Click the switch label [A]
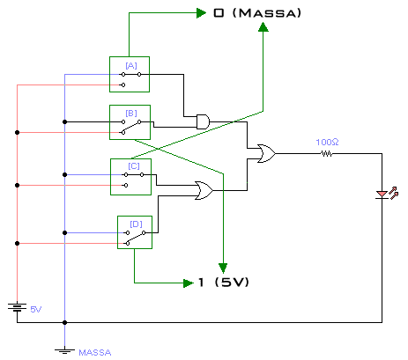tap(131, 66)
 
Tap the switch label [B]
tap(131, 114)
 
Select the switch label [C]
tap(134, 166)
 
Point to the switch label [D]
tap(136, 224)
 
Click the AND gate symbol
tap(203, 121)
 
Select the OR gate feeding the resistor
tap(266, 153)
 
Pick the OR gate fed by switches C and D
tap(204, 190)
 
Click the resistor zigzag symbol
tap(326, 153)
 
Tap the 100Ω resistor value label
tap(327, 143)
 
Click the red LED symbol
tap(387, 194)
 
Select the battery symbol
tap(17, 307)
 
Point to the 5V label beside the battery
tap(36, 309)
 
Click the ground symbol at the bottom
tap(64, 351)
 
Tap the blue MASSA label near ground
tap(95, 352)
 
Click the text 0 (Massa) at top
tap(257, 13)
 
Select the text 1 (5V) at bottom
tap(224, 283)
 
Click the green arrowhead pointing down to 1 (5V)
tap(223, 268)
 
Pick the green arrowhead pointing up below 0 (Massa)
tap(263, 27)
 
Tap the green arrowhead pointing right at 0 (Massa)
tap(201, 13)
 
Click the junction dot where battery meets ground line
tap(64, 322)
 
